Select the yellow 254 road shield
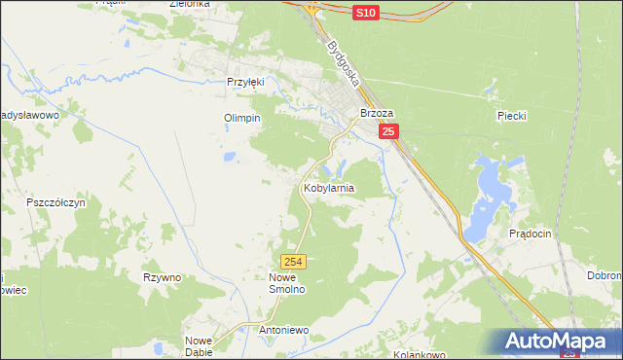[x=295, y=262]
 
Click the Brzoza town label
[x=376, y=113]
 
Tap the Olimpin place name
[x=243, y=118]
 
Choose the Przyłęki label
[x=245, y=83]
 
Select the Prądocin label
[x=531, y=234]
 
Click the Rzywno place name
[x=162, y=277]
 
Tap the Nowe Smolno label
[x=287, y=283]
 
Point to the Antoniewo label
[x=284, y=330]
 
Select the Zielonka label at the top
[x=190, y=4]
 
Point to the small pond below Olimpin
[x=229, y=156]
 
